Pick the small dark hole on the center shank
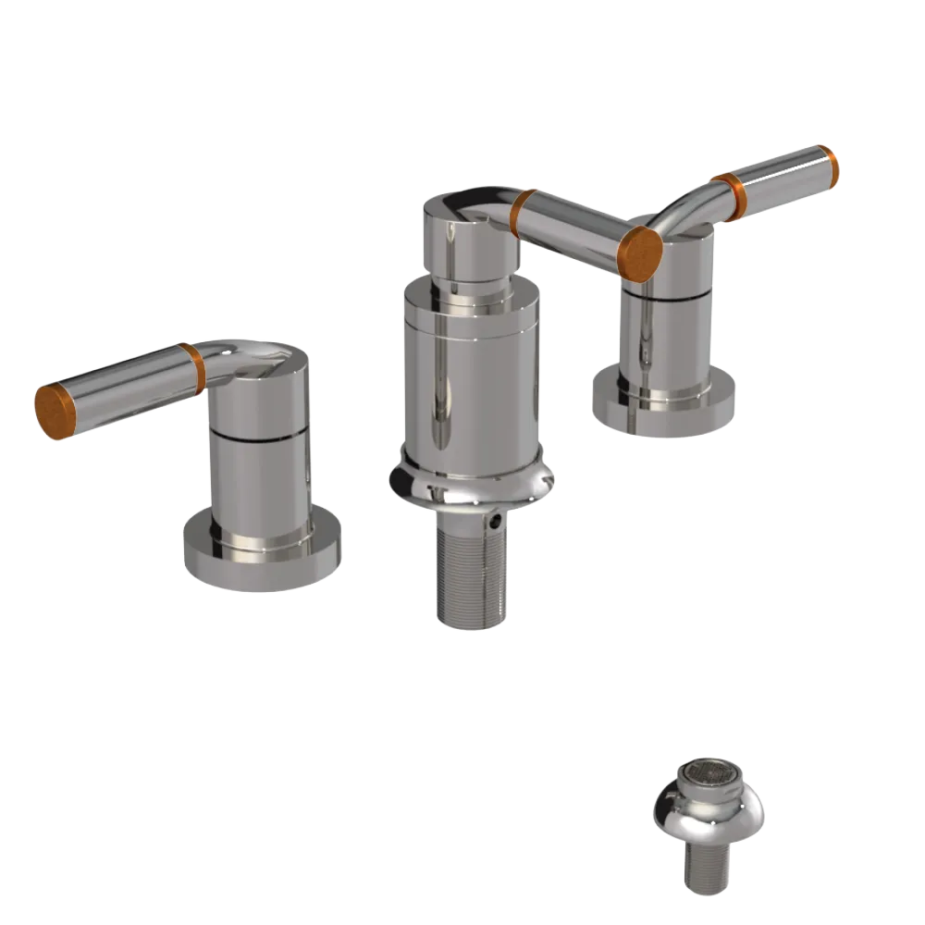coord(497,524)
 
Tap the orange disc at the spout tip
coord(640,252)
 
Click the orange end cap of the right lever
coord(829,166)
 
